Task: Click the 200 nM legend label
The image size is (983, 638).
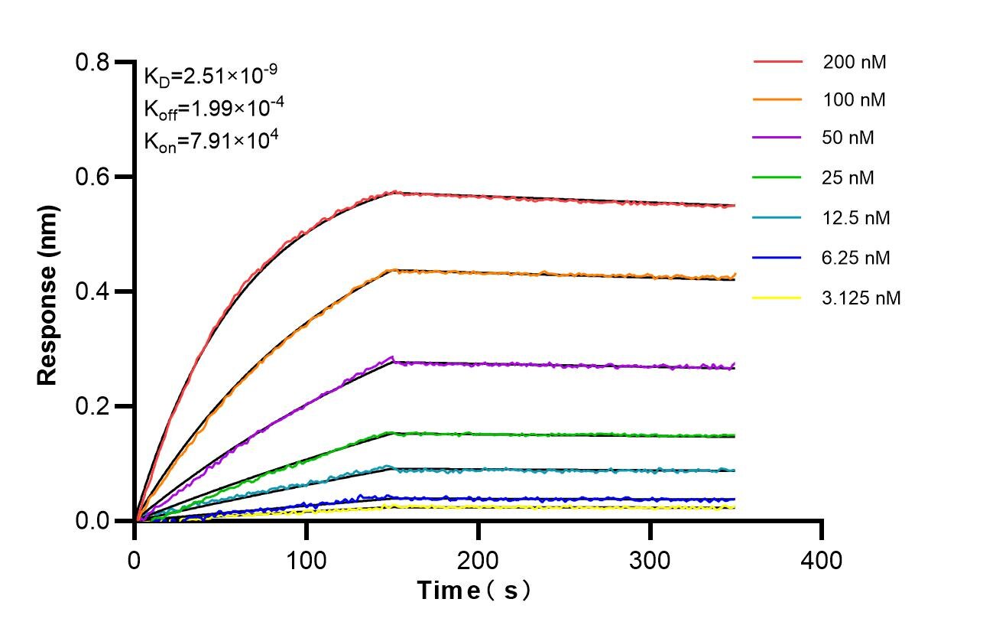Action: (854, 63)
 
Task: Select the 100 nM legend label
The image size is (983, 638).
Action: (854, 100)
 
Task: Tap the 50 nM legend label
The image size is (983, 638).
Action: (848, 138)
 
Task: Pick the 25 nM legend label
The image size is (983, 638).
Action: (848, 178)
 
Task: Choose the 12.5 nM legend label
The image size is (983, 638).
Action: (856, 218)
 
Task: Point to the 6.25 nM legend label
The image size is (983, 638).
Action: (856, 258)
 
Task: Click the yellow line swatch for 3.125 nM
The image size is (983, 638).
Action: (777, 298)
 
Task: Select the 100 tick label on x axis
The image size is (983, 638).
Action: (307, 561)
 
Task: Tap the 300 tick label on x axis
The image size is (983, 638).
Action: (650, 561)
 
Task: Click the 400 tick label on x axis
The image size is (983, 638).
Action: (822, 561)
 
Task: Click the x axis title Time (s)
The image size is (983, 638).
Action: (474, 591)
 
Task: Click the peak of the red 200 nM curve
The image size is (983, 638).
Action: (394, 191)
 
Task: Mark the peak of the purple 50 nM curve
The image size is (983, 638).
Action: (393, 356)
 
